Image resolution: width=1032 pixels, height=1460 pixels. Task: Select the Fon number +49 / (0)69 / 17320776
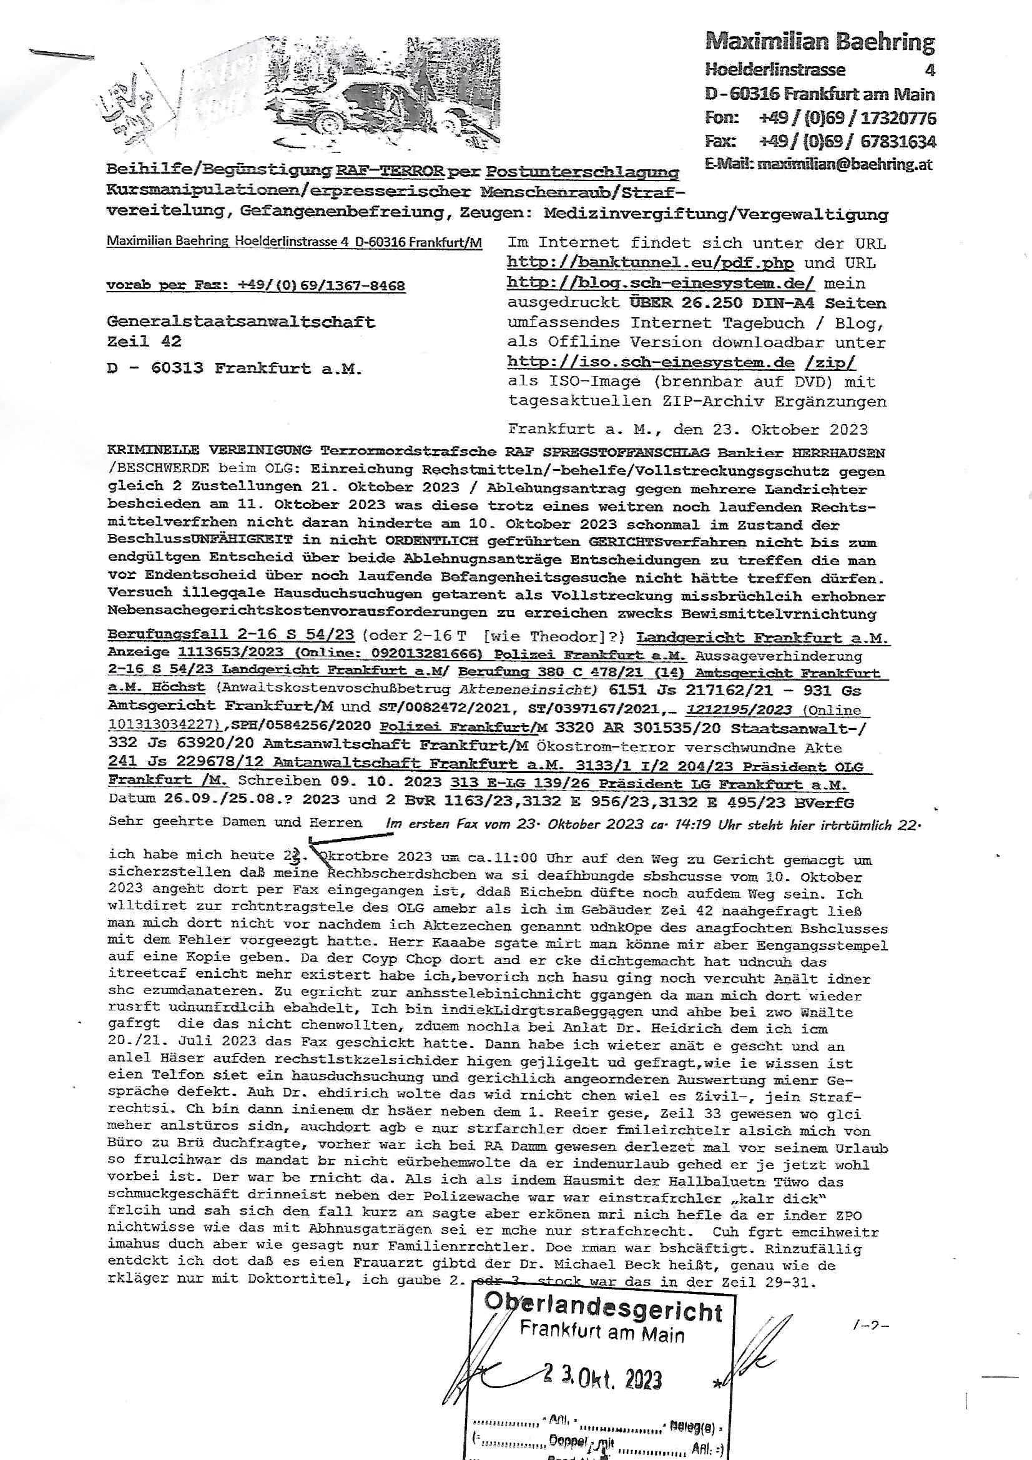pyautogui.click(x=847, y=117)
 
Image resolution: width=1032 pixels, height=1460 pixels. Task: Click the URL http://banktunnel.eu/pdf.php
pyautogui.click(x=650, y=263)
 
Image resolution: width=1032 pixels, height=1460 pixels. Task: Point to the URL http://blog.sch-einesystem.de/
pyautogui.click(x=665, y=283)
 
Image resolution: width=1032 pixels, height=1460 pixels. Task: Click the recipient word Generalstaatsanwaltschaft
pyautogui.click(x=241, y=322)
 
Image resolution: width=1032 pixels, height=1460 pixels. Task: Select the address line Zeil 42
pyautogui.click(x=144, y=342)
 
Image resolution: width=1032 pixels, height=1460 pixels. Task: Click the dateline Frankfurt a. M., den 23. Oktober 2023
pyautogui.click(x=687, y=429)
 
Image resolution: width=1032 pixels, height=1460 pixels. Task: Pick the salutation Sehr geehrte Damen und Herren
pyautogui.click(x=235, y=822)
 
